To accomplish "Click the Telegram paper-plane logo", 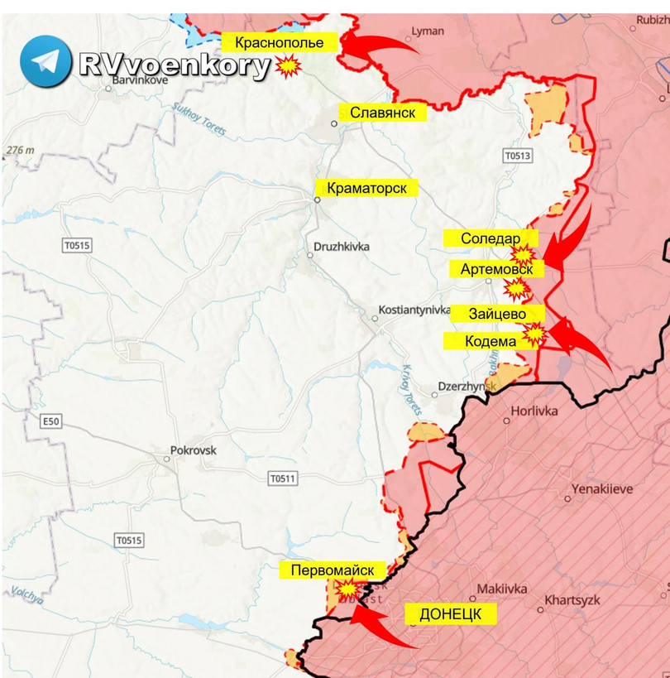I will point(46,62).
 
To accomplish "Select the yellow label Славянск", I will point(382,113).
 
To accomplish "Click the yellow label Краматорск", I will point(366,188).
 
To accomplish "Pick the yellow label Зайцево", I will point(498,313).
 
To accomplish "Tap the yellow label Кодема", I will point(490,340).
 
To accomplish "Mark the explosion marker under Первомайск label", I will point(348,589).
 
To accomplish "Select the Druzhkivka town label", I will point(342,247).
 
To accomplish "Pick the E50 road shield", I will point(51,421).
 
